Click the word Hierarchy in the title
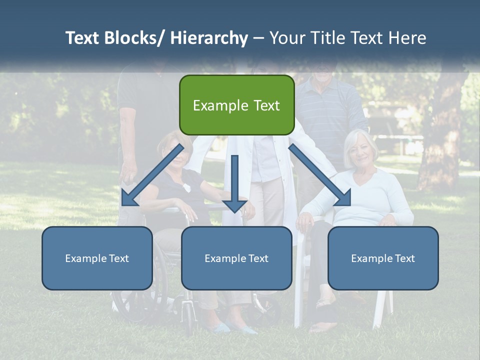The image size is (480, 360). [209, 38]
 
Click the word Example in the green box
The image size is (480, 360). [220, 105]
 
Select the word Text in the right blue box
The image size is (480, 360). [404, 258]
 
